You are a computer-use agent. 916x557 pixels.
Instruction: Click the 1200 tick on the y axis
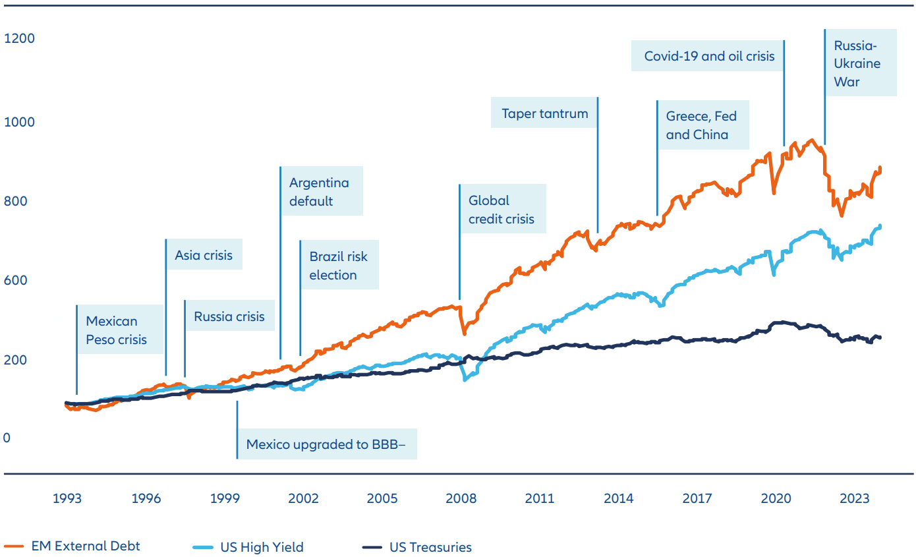click(19, 39)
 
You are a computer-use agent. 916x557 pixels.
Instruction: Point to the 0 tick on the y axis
click(7, 438)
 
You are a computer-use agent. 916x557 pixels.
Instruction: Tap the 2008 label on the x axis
click(461, 498)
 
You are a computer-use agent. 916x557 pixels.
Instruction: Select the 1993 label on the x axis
click(67, 498)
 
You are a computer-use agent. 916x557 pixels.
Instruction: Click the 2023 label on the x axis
click(854, 498)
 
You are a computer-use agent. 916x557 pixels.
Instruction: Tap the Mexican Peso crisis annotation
click(116, 330)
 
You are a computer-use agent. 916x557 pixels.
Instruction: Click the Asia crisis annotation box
click(203, 255)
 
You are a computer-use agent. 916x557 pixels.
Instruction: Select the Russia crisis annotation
click(229, 316)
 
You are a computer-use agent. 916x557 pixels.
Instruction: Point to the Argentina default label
click(319, 192)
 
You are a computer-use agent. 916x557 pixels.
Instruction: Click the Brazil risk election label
click(338, 266)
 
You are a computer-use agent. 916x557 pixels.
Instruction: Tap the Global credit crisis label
click(501, 209)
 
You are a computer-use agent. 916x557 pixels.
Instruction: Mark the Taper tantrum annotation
click(544, 113)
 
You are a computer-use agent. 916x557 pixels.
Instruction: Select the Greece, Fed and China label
click(701, 125)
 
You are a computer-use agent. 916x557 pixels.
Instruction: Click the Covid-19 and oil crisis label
click(709, 56)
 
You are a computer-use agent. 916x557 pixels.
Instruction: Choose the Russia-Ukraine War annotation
click(857, 64)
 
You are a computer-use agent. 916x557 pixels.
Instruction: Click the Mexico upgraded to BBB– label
click(326, 444)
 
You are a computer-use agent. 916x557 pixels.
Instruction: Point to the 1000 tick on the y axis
click(19, 122)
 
